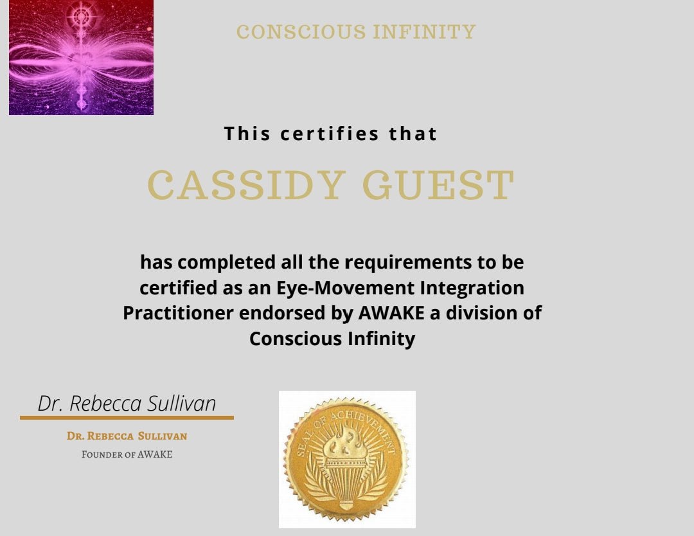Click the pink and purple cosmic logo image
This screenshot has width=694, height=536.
click(x=81, y=58)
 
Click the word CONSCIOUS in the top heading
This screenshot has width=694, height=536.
click(x=301, y=32)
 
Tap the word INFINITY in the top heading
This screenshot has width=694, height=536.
click(x=424, y=32)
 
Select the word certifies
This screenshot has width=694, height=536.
click(x=329, y=134)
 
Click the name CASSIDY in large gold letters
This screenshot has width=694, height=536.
click(x=246, y=184)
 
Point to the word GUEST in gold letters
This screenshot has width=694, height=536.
click(x=438, y=184)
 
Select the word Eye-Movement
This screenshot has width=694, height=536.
click(x=345, y=288)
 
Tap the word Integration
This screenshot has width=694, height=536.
click(x=472, y=288)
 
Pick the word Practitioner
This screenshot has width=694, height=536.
click(x=179, y=313)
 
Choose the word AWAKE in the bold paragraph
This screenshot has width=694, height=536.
click(x=391, y=313)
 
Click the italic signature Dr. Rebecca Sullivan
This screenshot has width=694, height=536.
click(x=127, y=403)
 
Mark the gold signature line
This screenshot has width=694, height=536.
click(x=127, y=417)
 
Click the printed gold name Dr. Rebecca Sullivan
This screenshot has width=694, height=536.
click(x=127, y=436)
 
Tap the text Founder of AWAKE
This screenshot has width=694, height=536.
click(x=127, y=454)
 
